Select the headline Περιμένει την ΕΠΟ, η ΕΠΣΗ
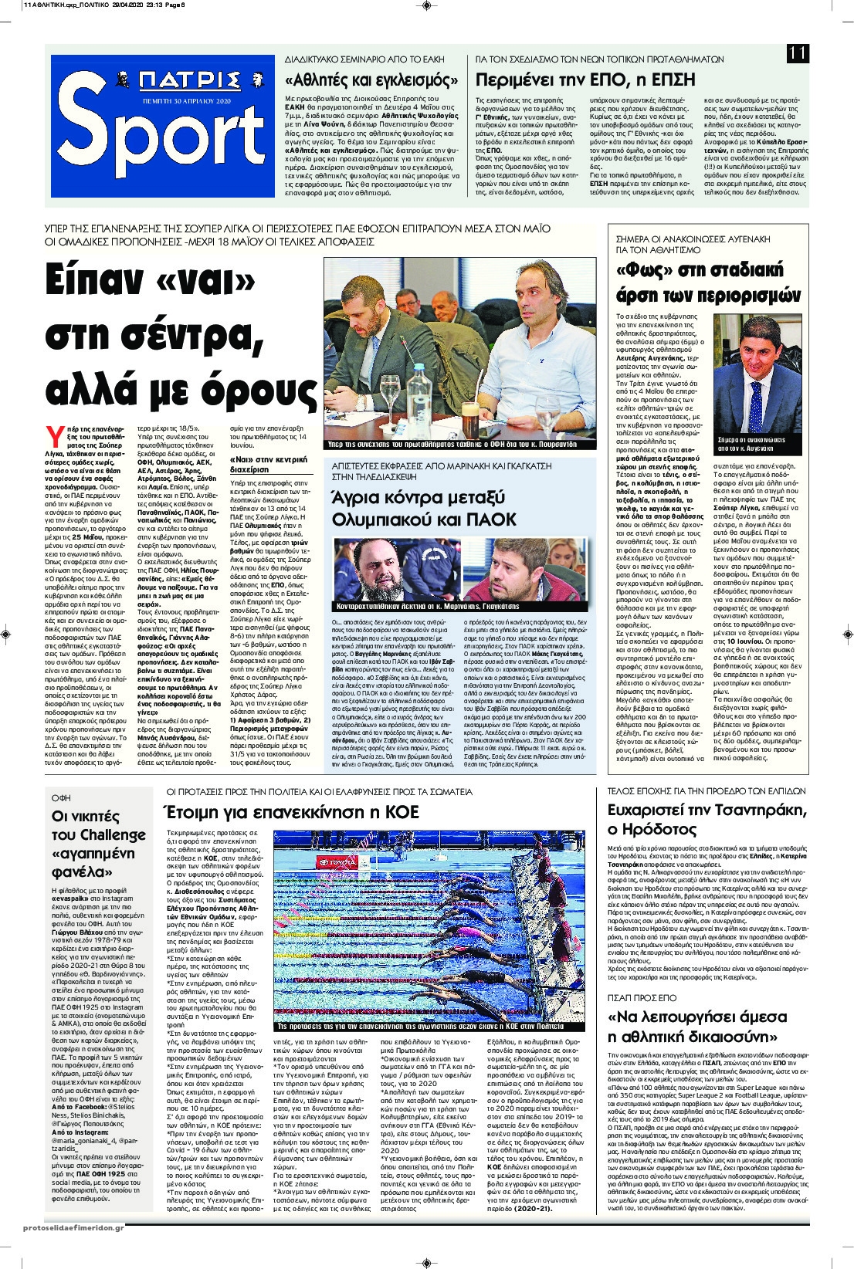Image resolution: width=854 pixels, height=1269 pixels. tap(585, 80)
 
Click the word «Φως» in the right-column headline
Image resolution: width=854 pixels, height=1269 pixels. tap(646, 269)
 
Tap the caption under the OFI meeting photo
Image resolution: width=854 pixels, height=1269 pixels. tap(458, 445)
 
